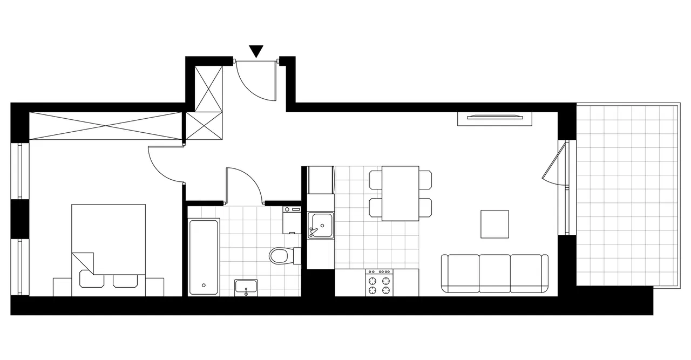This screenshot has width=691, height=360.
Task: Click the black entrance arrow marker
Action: [x=256, y=51]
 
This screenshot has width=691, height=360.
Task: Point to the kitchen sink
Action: [x=321, y=225]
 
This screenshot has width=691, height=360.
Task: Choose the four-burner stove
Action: [x=380, y=282]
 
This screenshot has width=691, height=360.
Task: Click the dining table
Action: [x=401, y=193]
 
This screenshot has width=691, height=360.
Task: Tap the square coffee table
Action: [x=495, y=224]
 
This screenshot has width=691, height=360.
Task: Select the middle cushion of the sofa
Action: [x=494, y=273]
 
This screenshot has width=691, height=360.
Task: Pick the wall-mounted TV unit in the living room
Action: [x=495, y=118]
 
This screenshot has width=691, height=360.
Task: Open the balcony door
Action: [x=552, y=162]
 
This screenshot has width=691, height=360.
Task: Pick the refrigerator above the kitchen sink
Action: [x=321, y=180]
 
